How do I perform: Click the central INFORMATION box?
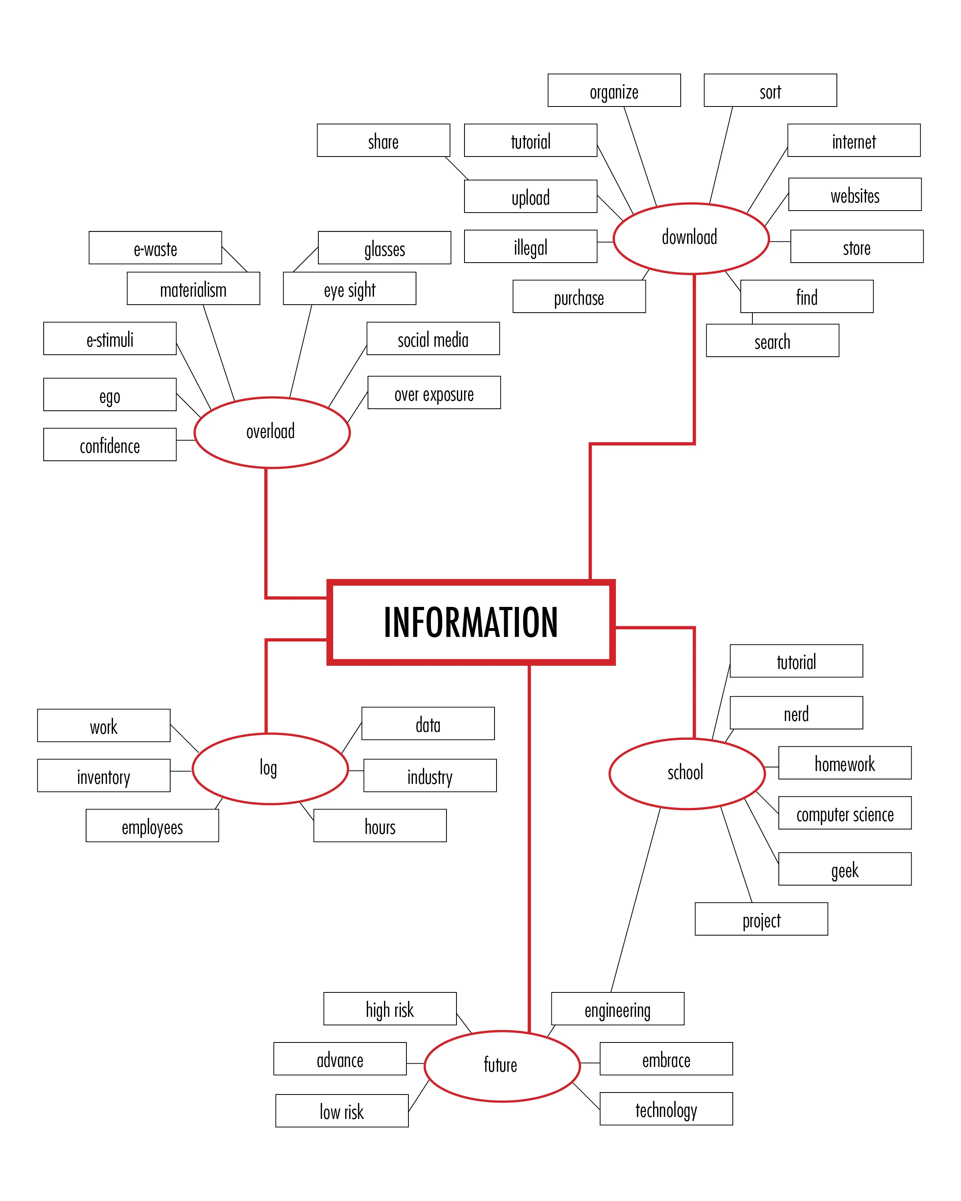point(471,622)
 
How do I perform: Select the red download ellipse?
point(691,239)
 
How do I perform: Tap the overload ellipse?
point(272,432)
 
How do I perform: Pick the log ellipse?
point(270,769)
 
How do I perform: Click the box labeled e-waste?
point(155,248)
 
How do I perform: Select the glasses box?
point(384,248)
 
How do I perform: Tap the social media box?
point(433,339)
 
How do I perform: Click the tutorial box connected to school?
point(796,661)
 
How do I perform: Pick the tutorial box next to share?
point(531,141)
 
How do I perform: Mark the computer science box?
point(844,813)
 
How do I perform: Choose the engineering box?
point(617,1009)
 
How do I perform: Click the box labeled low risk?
point(342,1111)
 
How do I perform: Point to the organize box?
point(614,90)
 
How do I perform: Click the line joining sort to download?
point(721,155)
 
